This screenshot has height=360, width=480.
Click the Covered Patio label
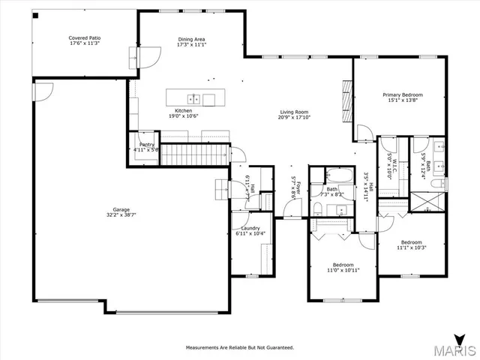point(85,37)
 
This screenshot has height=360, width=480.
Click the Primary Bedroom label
point(403,94)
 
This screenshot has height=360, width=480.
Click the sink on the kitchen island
point(193,98)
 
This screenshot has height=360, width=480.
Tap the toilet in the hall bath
point(318,207)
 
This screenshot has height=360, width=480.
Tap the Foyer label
point(298,186)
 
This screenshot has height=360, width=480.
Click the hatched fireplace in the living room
point(346,95)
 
